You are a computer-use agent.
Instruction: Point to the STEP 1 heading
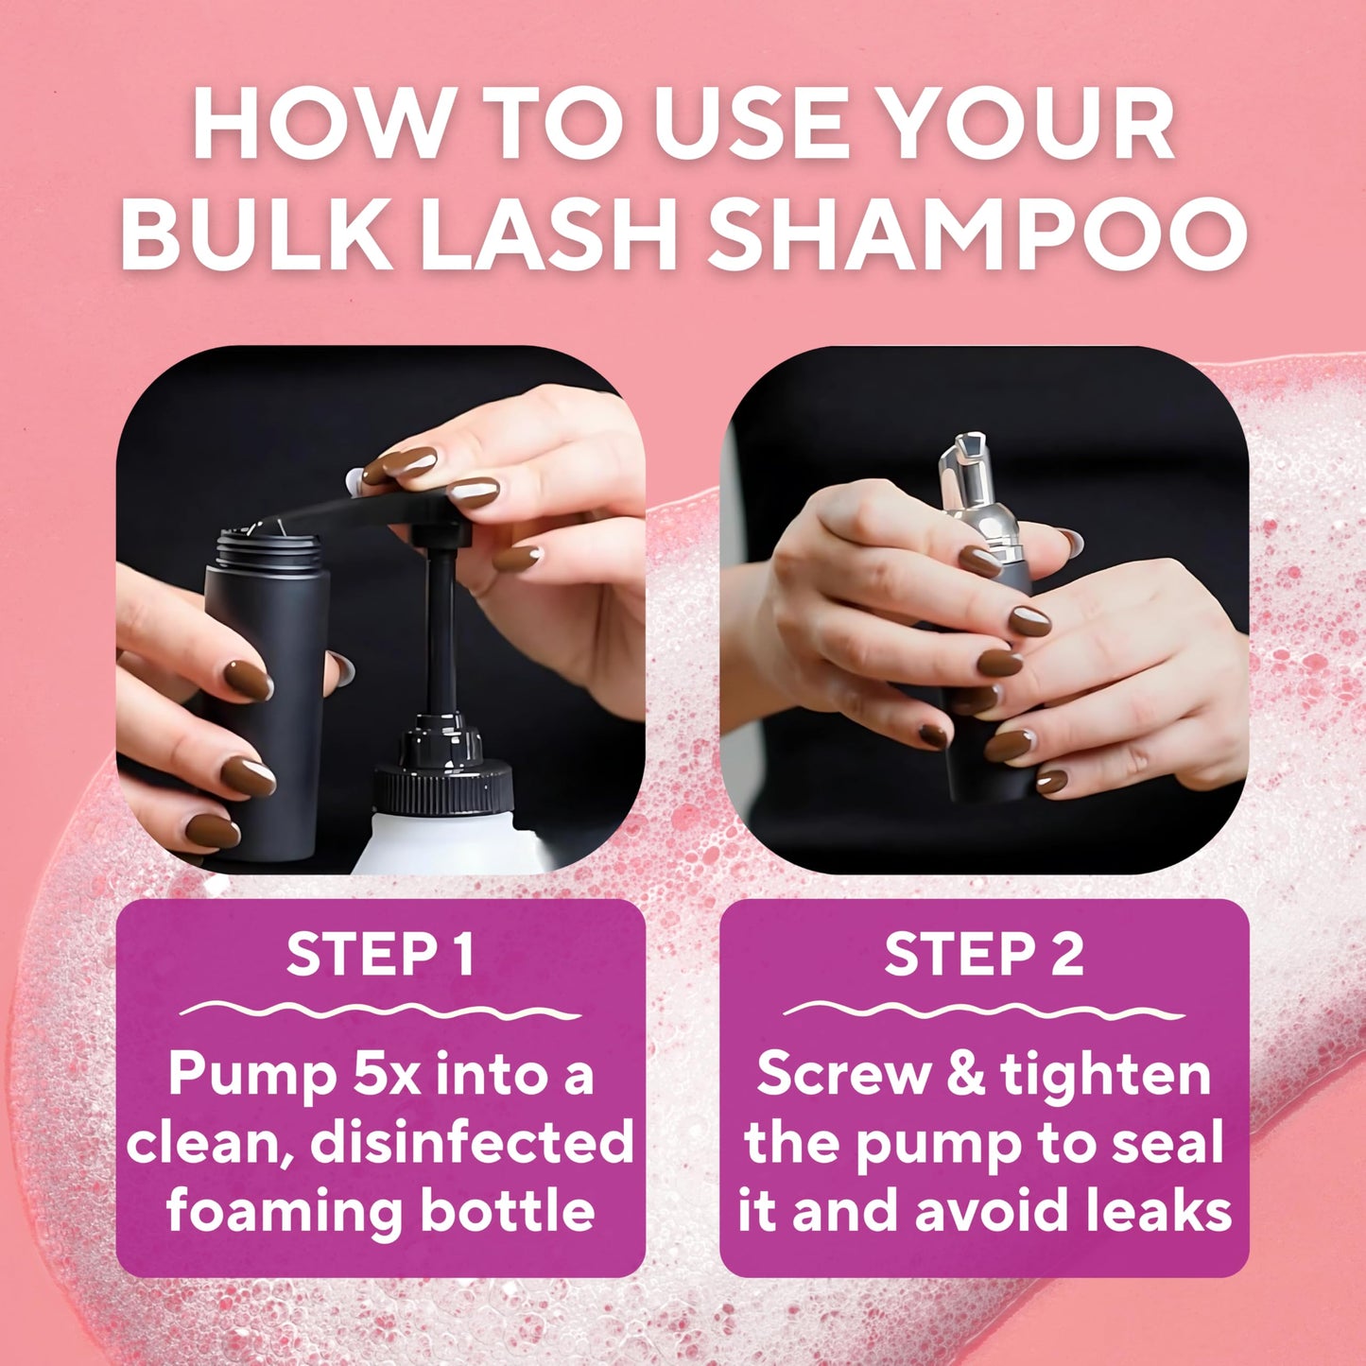[380, 954]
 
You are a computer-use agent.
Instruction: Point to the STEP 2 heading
[984, 954]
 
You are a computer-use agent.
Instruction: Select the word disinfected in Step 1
[472, 1142]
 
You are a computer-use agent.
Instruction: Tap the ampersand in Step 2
[965, 1075]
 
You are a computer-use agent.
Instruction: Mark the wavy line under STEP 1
[380, 1011]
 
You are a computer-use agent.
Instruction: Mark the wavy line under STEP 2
[984, 1011]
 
